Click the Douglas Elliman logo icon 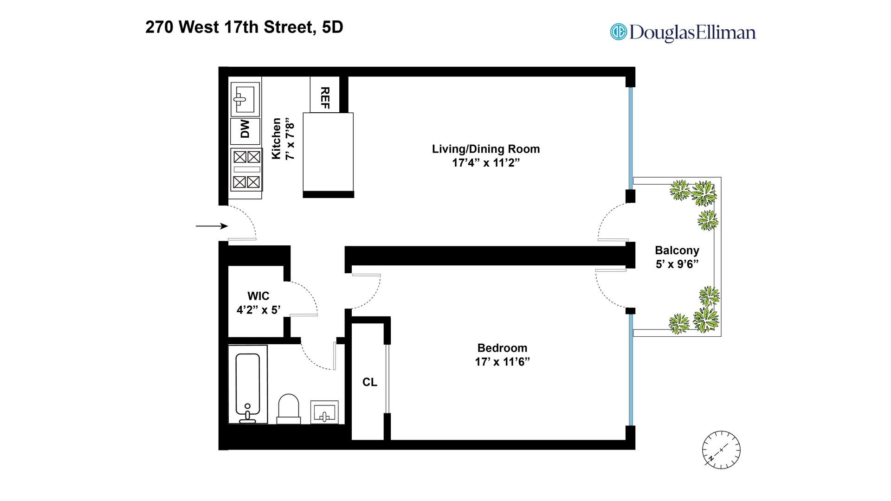[x=618, y=32]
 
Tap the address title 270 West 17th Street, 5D [x=244, y=27]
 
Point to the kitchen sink [x=245, y=99]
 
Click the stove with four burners [x=246, y=169]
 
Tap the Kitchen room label [x=277, y=138]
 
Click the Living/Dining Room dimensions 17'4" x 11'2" [x=485, y=163]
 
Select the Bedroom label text [x=502, y=348]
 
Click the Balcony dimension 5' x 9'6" [x=677, y=264]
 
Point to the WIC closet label [x=258, y=296]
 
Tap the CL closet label [x=370, y=382]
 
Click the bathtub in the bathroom [x=248, y=385]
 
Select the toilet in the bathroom [x=288, y=408]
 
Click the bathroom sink [x=324, y=412]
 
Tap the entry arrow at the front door [x=212, y=226]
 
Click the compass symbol [x=721, y=450]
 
